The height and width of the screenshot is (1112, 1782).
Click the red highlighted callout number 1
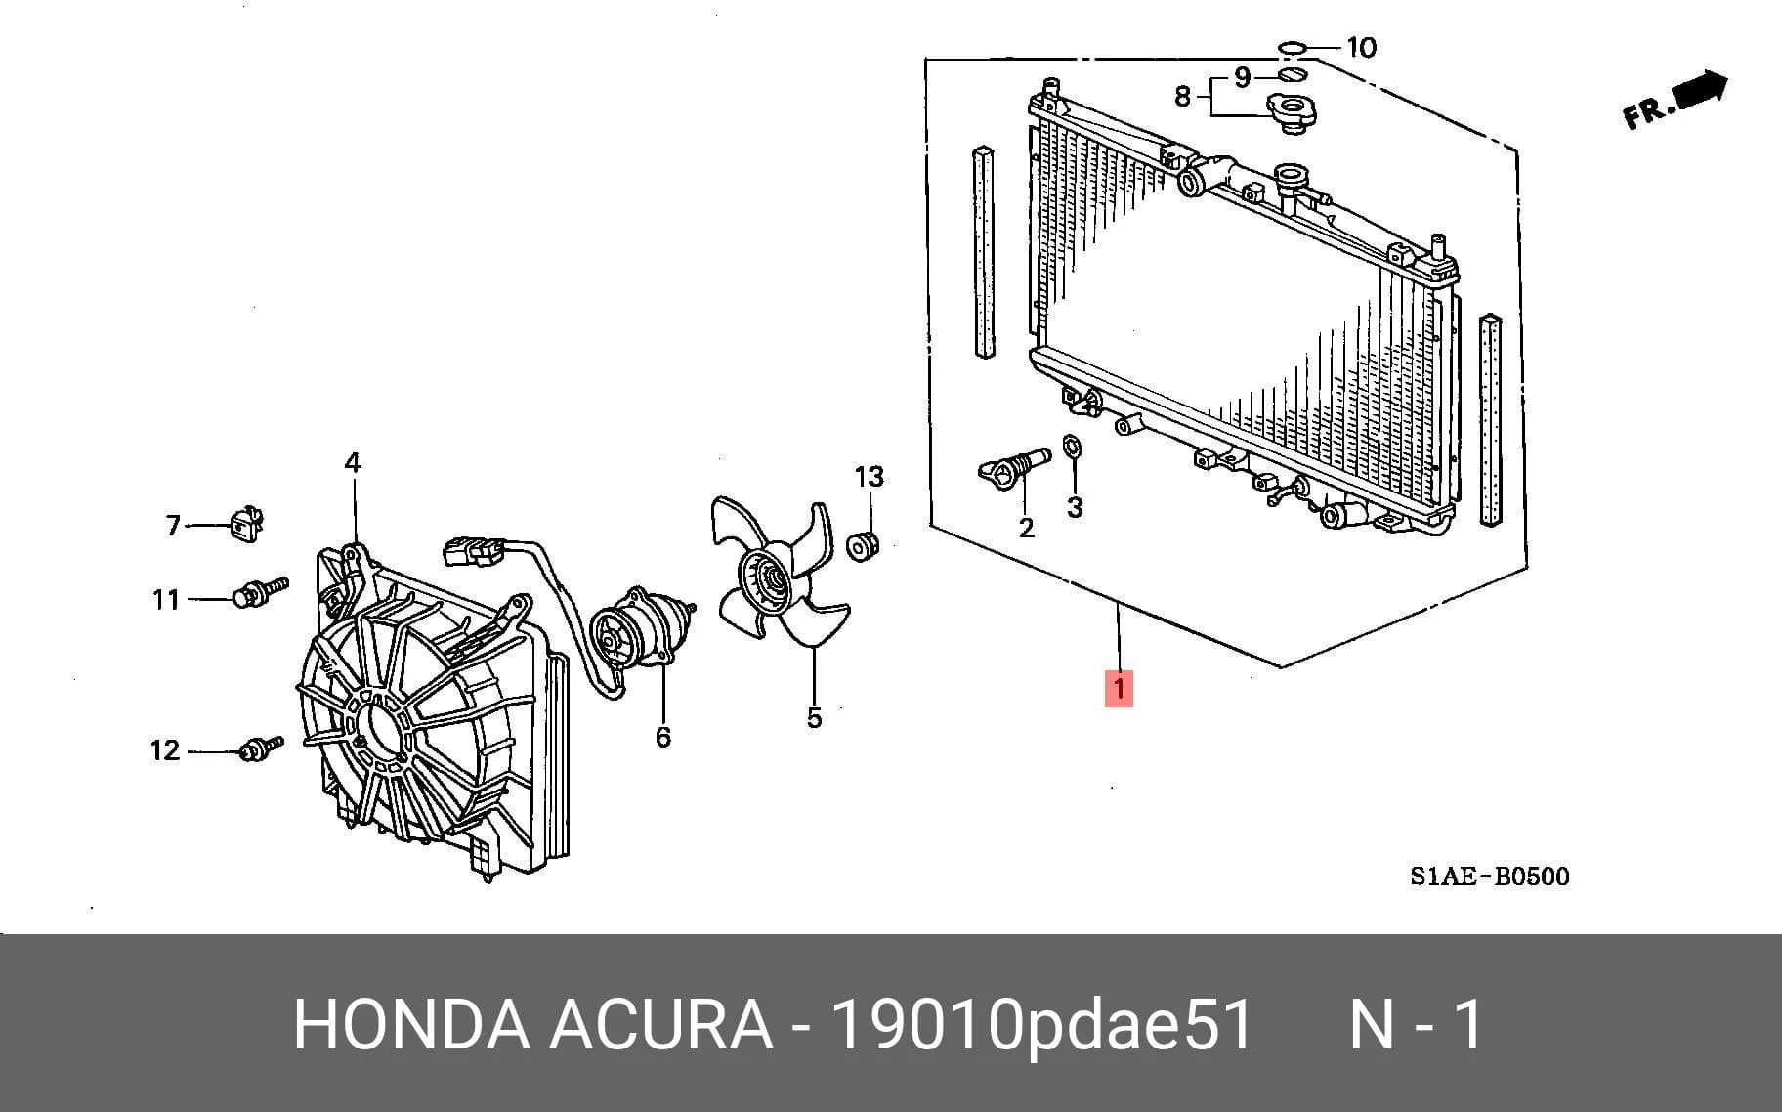[1119, 688]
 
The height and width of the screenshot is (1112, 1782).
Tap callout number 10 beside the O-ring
[1361, 47]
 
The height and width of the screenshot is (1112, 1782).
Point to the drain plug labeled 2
[1013, 466]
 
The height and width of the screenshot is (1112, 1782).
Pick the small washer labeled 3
[1072, 448]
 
